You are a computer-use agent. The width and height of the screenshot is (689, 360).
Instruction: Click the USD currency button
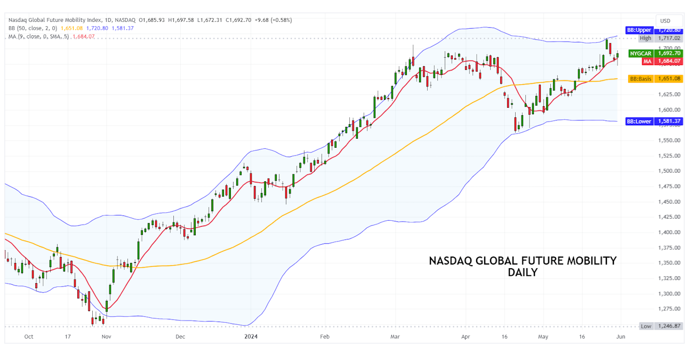click(665, 21)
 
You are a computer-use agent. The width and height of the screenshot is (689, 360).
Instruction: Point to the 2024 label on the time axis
click(251, 337)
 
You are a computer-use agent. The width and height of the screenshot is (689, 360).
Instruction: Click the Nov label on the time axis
click(106, 337)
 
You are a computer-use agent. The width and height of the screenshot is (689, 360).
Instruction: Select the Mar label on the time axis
click(395, 337)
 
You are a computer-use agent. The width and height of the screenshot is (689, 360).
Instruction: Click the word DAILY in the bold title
click(523, 273)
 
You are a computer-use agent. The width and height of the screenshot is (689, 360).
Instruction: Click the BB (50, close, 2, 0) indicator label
click(33, 28)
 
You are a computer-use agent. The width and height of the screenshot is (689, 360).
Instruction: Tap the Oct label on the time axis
click(29, 337)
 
